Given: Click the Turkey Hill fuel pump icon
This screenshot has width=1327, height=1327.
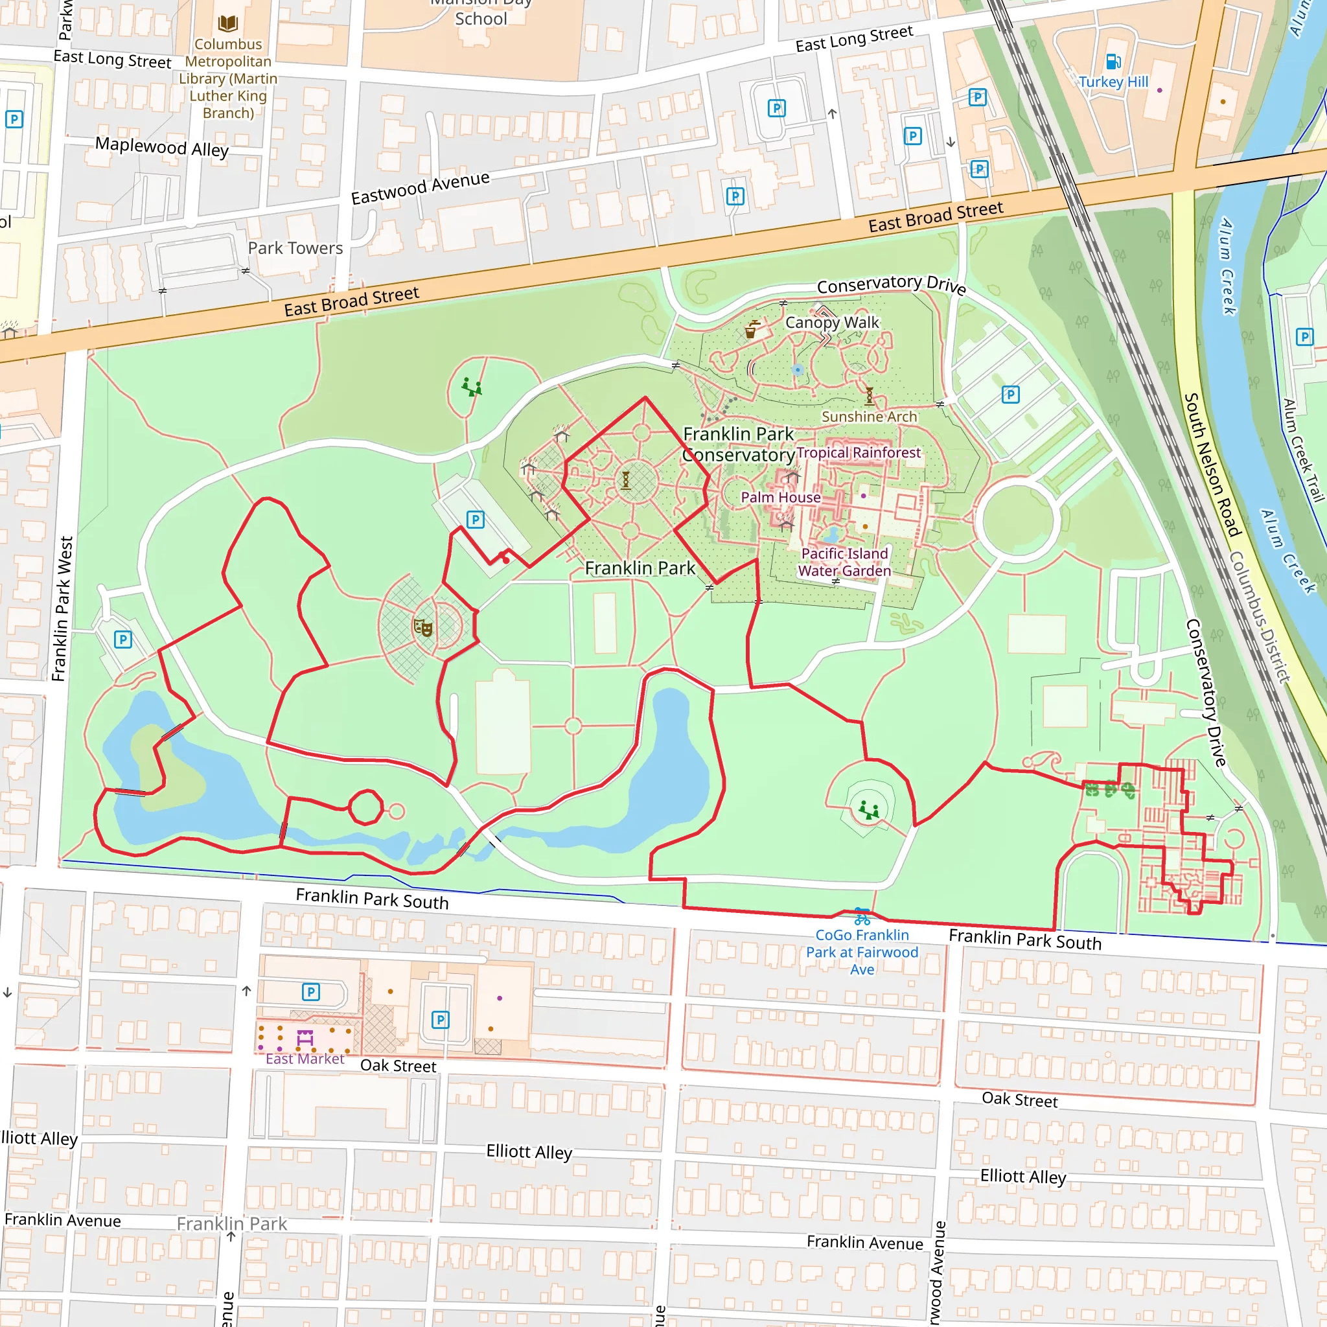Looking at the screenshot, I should point(1113,62).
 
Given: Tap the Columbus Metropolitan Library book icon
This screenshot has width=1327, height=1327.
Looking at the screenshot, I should point(228,24).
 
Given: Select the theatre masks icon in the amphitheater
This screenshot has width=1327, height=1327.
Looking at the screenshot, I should point(422,627).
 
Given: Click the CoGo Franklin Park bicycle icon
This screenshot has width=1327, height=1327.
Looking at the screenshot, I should point(862,917).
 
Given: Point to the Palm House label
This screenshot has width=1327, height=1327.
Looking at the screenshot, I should point(780,497).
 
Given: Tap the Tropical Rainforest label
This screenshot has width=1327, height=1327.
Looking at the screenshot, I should point(859,453).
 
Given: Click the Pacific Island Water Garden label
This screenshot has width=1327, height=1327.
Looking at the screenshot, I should point(844,562).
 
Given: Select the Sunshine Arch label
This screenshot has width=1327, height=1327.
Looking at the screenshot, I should point(869,417).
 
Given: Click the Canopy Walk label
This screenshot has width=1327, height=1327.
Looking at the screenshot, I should point(832,322).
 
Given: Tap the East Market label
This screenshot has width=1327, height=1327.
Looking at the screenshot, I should point(305,1059).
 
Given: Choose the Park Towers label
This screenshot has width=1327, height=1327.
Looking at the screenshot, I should point(295,248).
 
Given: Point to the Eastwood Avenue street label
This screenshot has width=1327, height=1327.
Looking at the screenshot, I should point(421,187).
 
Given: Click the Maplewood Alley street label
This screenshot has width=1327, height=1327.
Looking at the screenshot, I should point(162,147).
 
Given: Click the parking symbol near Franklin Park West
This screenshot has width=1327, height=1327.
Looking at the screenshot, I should point(123,640).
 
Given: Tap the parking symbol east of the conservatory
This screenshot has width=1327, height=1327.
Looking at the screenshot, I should point(1010,395).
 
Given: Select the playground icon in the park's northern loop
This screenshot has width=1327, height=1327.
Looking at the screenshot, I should point(471,387).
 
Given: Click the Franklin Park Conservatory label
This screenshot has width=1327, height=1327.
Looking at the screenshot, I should point(739,444).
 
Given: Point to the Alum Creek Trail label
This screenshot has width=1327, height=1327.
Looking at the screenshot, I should point(1302,450).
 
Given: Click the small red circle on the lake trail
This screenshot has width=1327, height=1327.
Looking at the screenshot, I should point(365,807).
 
